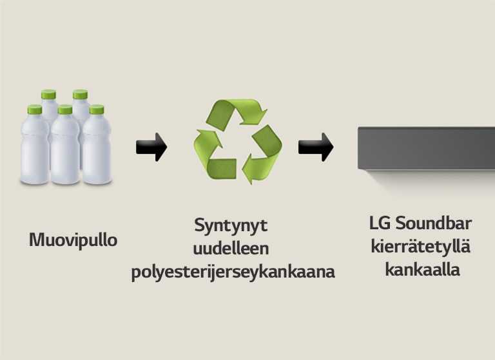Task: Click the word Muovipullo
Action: (73, 241)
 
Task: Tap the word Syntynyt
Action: (230, 227)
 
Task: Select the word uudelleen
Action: (230, 249)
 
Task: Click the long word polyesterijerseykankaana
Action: (233, 272)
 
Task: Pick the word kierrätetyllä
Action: (422, 247)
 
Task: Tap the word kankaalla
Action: (422, 269)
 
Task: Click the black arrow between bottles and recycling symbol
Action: (151, 147)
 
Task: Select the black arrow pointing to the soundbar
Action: (315, 147)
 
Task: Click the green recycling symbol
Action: (238, 142)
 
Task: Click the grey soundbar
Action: (426, 148)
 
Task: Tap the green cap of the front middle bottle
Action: (64, 110)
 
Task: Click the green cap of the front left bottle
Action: (35, 110)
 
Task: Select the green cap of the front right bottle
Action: (96, 110)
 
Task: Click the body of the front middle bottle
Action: (64, 151)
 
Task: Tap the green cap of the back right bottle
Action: (80, 95)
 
